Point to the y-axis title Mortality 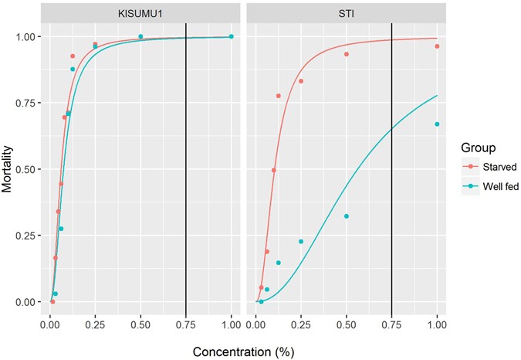[x=9, y=168]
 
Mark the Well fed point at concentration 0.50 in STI [x=347, y=216]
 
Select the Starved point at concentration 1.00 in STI [x=437, y=46]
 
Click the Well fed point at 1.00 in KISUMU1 [x=231, y=36]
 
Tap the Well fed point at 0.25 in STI [x=301, y=242]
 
